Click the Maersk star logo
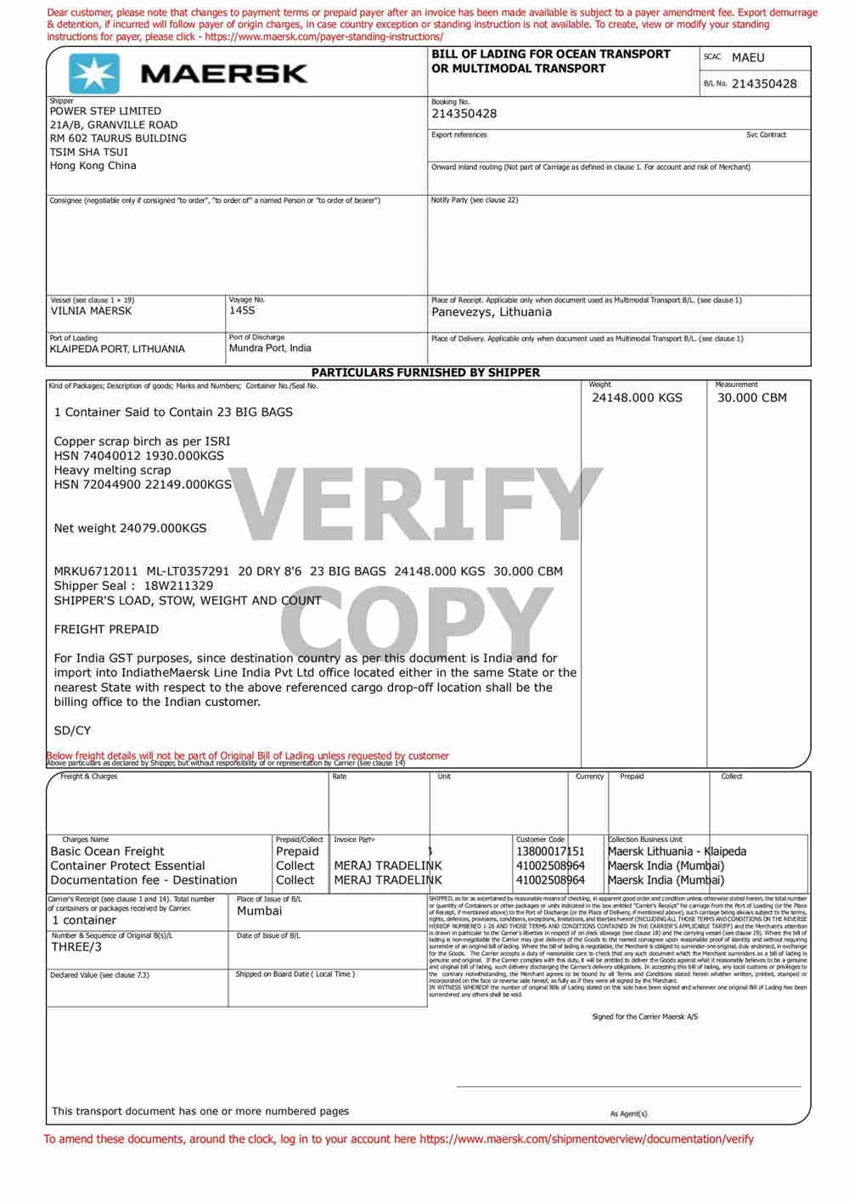tap(93, 73)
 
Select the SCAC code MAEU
tap(748, 58)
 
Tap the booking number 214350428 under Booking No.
tap(464, 114)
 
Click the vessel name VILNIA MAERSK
tap(91, 311)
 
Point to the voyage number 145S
tap(242, 311)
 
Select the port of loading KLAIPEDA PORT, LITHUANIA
tap(117, 349)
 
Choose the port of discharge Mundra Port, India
tap(270, 348)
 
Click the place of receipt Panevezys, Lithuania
tap(492, 312)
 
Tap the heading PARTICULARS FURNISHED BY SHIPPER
tap(425, 373)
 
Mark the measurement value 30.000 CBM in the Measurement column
tap(751, 398)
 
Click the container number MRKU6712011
tap(95, 571)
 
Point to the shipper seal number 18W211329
tap(178, 586)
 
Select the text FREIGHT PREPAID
tap(106, 630)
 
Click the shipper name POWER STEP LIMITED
tap(105, 111)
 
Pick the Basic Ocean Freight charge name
tap(107, 851)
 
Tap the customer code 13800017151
tap(550, 851)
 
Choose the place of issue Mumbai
tap(259, 911)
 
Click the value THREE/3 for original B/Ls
tap(76, 947)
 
